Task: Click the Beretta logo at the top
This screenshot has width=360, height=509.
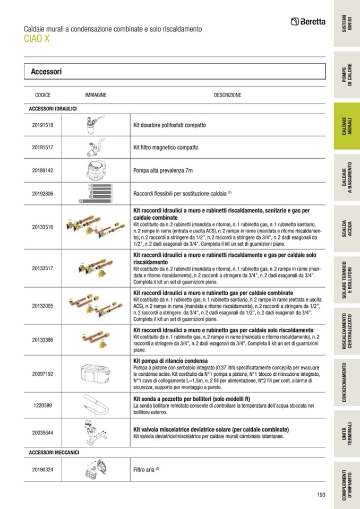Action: [x=308, y=22]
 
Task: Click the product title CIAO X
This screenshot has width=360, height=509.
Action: [x=37, y=39]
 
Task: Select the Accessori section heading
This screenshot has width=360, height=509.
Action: [x=46, y=71]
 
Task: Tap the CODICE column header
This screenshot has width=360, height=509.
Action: [x=42, y=95]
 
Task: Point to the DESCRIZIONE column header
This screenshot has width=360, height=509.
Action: [x=227, y=95]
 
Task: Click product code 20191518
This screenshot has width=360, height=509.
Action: [x=42, y=125]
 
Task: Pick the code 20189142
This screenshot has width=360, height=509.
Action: [x=42, y=171]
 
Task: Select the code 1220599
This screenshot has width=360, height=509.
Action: [x=42, y=405]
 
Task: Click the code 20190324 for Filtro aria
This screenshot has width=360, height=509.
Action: [x=42, y=470]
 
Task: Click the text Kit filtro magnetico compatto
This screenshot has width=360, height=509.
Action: [x=165, y=148]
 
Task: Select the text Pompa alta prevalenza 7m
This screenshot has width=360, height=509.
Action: [x=162, y=171]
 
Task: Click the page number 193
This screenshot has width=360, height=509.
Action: [x=321, y=495]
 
